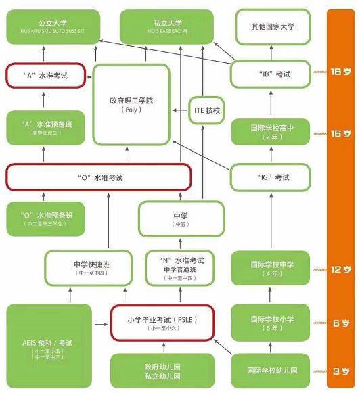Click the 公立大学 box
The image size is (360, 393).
[49, 28]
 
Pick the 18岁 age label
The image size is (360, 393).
[340, 72]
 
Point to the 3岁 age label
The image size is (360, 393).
[340, 371]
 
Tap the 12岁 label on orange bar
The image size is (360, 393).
[340, 269]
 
